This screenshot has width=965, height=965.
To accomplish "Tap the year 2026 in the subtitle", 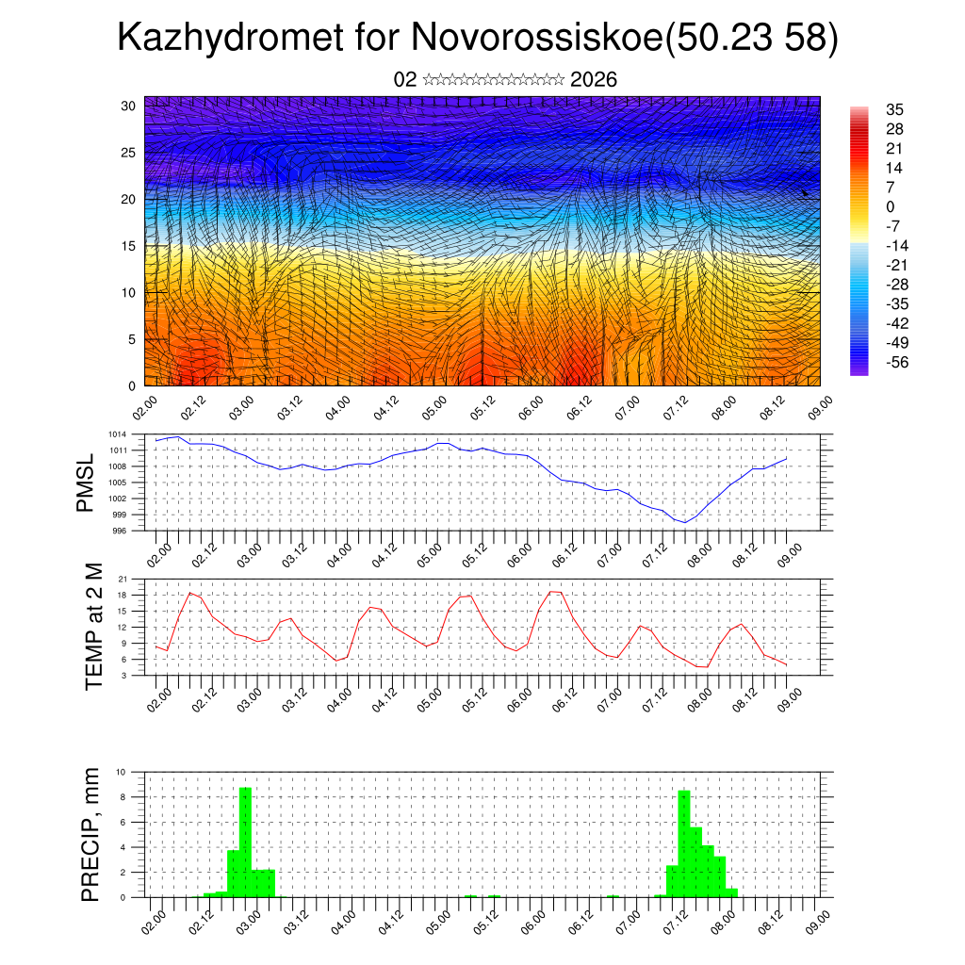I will (x=594, y=79).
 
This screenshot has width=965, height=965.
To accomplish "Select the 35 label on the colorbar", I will (x=894, y=109).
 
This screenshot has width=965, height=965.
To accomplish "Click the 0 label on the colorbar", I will (x=891, y=206).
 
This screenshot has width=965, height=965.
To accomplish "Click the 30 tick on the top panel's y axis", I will (x=127, y=106).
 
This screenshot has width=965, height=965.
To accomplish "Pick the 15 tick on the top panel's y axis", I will (x=127, y=246).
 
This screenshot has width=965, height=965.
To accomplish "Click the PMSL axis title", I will (x=86, y=482).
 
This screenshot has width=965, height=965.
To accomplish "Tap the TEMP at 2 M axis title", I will (x=93, y=626).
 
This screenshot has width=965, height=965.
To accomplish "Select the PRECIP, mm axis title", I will (x=90, y=834).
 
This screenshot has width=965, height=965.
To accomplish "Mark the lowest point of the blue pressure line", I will (x=685, y=522).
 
